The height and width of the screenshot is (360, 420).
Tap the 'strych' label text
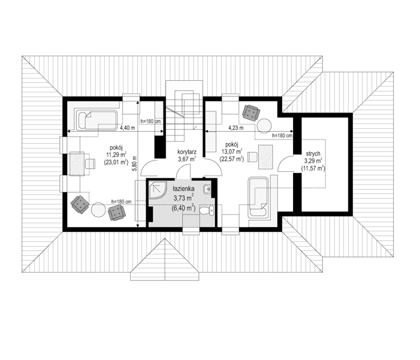[313, 153]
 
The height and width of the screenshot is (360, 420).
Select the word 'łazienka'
[185, 188]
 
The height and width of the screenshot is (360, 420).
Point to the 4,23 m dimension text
[236, 128]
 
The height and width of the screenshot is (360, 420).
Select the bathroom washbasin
[207, 190]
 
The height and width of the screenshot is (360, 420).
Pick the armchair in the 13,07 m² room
[250, 111]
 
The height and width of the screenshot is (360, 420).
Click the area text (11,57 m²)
[313, 170]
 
